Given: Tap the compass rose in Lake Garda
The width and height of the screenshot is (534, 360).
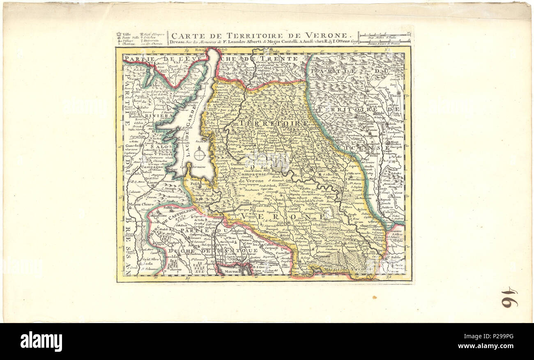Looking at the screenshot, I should tap(200, 154).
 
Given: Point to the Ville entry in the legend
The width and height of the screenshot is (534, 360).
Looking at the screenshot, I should tap(125, 34).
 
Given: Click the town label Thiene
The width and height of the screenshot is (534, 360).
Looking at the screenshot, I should tap(396, 95).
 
